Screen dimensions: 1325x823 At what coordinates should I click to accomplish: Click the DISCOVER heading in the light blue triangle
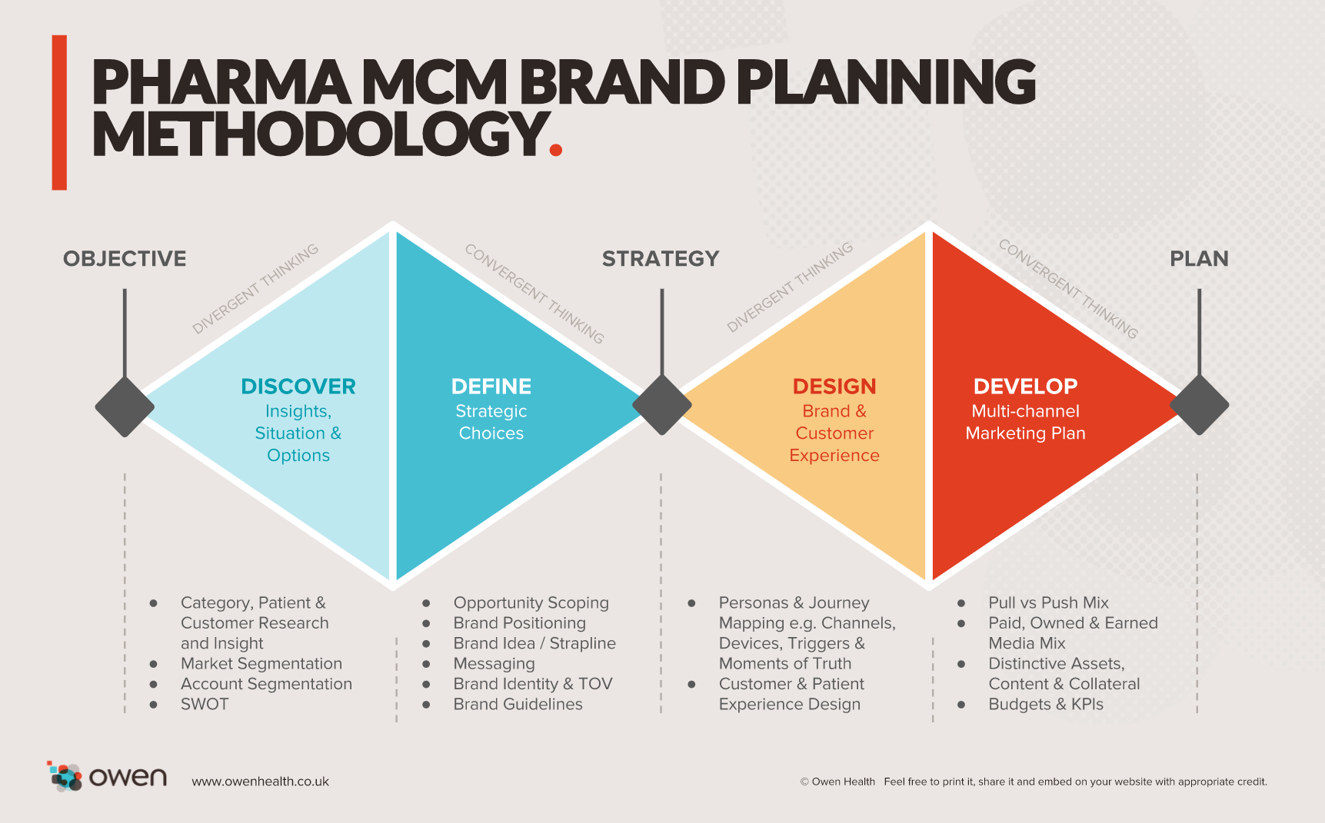click(x=298, y=387)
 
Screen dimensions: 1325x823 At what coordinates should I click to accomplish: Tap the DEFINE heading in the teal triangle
click(x=491, y=387)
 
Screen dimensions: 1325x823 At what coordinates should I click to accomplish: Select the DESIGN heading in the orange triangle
click(x=834, y=387)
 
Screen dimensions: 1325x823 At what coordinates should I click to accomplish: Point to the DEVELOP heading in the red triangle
click(x=1026, y=387)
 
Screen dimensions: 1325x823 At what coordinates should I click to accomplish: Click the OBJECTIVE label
click(x=125, y=259)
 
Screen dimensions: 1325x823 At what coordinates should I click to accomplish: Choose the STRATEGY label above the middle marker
click(x=661, y=259)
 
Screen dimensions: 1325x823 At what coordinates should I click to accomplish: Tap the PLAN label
click(x=1199, y=259)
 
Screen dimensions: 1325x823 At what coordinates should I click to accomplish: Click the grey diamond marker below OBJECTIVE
click(x=125, y=407)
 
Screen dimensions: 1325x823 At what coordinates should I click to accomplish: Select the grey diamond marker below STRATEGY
click(x=661, y=405)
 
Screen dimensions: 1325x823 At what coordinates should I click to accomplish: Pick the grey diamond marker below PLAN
click(x=1199, y=405)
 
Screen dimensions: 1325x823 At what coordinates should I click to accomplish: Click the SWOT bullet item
click(x=205, y=705)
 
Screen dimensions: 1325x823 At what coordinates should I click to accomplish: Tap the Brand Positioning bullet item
click(x=520, y=623)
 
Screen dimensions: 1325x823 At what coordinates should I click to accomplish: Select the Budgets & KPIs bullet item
click(x=1046, y=705)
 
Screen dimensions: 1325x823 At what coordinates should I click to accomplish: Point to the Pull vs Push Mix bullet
click(x=1048, y=603)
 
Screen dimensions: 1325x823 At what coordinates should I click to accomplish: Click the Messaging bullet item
click(x=494, y=664)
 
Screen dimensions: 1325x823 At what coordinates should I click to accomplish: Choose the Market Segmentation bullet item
click(x=261, y=664)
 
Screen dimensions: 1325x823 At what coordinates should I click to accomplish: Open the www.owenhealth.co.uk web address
click(x=260, y=782)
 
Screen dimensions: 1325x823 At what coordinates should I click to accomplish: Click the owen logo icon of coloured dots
click(x=65, y=776)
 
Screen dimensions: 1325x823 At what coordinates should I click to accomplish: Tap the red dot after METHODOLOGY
click(x=556, y=149)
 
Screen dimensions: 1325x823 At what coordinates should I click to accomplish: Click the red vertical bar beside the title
click(x=59, y=112)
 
